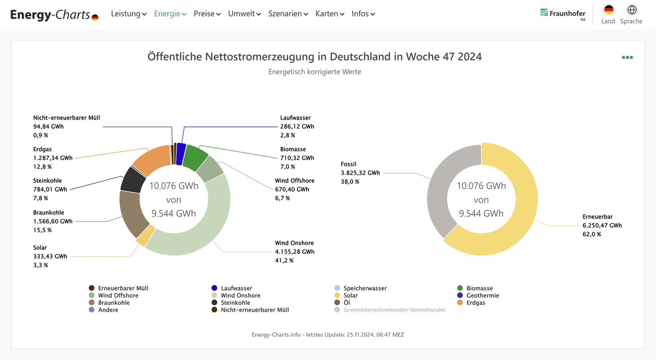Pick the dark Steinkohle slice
coord(132,180)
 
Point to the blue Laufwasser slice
coord(181,154)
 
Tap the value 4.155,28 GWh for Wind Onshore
coord(294,252)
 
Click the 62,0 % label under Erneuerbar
coord(591,234)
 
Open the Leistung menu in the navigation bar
coord(128,14)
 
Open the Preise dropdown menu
coord(207,14)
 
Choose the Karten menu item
coord(330,14)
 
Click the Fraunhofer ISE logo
coord(563,14)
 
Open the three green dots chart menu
coord(627,57)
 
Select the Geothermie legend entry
coord(482,296)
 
